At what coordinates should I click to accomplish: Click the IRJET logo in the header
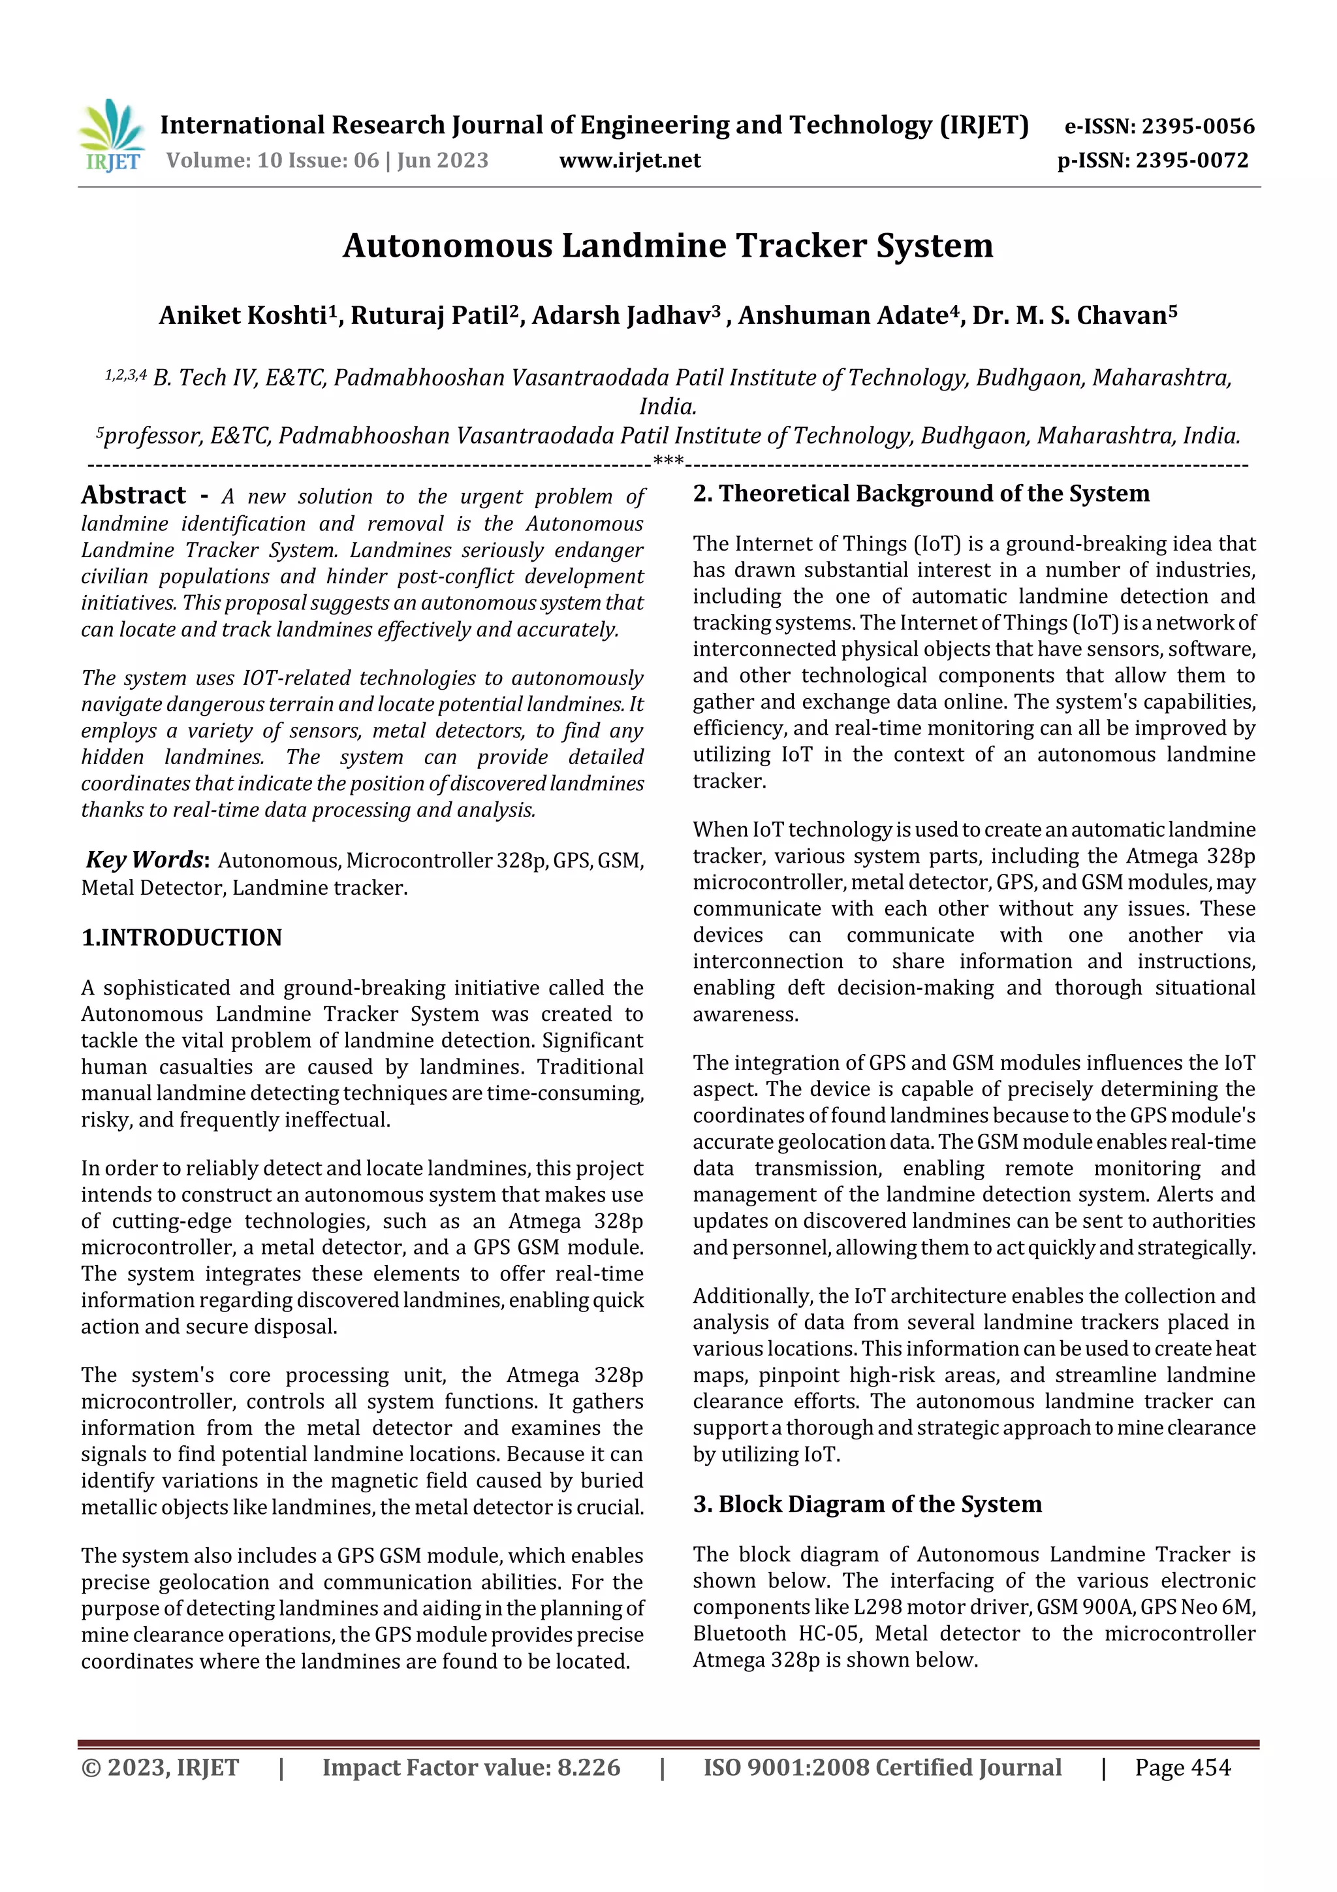tap(112, 136)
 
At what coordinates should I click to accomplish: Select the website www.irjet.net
tap(629, 160)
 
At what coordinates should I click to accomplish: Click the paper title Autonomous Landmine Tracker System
tap(667, 246)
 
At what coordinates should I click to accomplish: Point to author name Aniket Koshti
tap(243, 315)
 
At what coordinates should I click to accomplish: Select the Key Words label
tap(146, 859)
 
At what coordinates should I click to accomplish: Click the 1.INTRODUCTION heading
tap(181, 937)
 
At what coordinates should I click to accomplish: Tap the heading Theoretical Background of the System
tap(934, 494)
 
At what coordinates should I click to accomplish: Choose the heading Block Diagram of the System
tap(879, 1504)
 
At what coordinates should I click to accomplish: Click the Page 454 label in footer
tap(1182, 1767)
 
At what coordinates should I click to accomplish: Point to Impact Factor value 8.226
tap(471, 1767)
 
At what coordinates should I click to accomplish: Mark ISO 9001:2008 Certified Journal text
tap(881, 1767)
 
